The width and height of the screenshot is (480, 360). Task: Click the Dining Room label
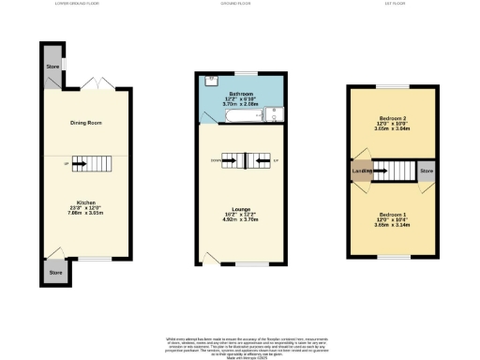pyautogui.click(x=85, y=123)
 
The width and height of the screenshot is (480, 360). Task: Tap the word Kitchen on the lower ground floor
pyautogui.click(x=85, y=202)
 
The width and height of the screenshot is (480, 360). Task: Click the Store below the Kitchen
pyautogui.click(x=55, y=273)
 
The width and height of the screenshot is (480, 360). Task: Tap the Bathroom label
pyautogui.click(x=244, y=95)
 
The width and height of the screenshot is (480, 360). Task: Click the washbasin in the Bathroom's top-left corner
pyautogui.click(x=212, y=79)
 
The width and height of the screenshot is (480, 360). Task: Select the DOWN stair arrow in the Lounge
pyautogui.click(x=229, y=160)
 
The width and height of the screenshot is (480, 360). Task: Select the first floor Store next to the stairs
pyautogui.click(x=427, y=172)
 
